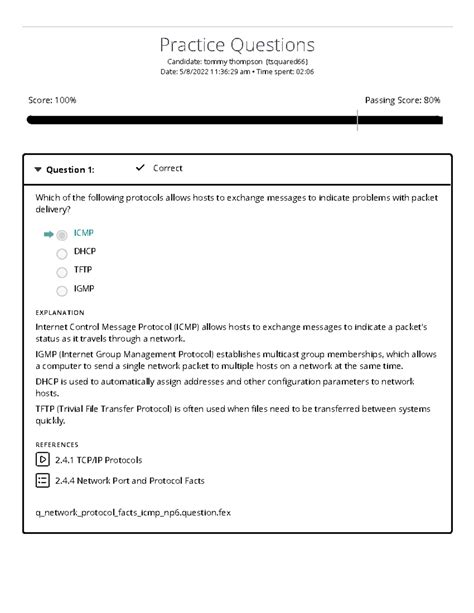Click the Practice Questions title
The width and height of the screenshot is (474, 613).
click(x=237, y=45)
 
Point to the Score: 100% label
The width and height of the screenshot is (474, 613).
click(x=52, y=101)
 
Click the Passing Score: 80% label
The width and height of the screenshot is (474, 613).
click(x=403, y=101)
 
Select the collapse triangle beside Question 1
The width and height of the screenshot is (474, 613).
click(x=38, y=170)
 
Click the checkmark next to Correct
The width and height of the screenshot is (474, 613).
click(x=140, y=168)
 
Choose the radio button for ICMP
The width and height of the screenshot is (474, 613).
click(x=62, y=235)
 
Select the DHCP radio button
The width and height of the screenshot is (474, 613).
click(x=62, y=254)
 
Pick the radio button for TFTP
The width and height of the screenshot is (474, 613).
click(x=62, y=272)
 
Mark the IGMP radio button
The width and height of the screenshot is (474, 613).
click(x=62, y=291)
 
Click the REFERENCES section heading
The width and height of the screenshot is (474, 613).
click(x=57, y=444)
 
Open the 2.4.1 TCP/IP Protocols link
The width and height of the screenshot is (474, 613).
click(x=99, y=460)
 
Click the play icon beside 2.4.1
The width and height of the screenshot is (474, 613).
click(x=42, y=460)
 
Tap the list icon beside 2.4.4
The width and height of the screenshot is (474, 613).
click(x=42, y=481)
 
